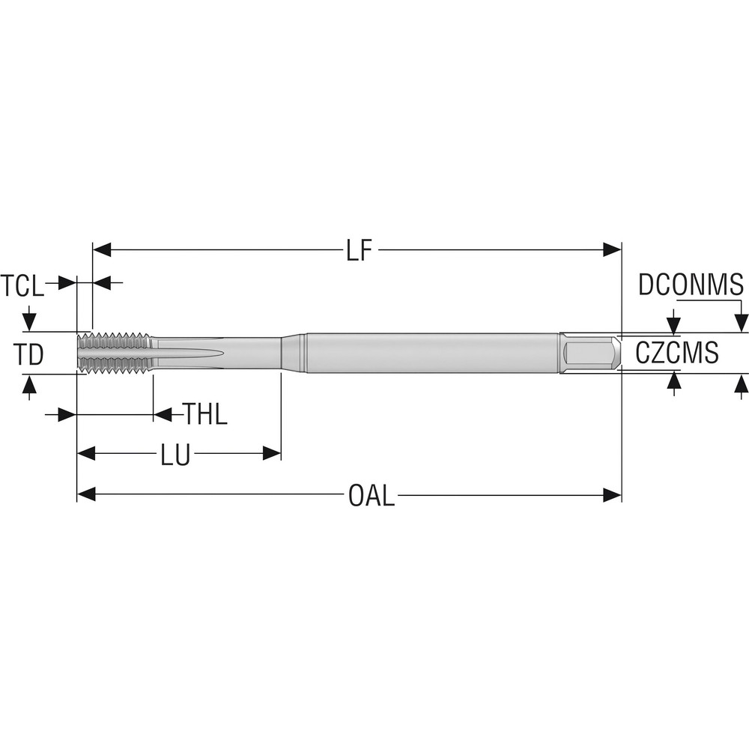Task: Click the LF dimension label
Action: pos(359,250)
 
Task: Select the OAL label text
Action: pos(371,495)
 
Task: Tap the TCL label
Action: pos(22,285)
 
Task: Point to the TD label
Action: pos(29,354)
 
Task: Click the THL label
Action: pos(205,414)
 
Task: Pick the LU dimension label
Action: pos(175,454)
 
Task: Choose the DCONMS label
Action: pos(691,285)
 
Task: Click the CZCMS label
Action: pos(677,352)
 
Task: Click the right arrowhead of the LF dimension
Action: pos(612,250)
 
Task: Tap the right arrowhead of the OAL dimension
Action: pos(612,494)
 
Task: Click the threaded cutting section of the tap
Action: pos(114,352)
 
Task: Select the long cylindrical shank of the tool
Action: pos(431,352)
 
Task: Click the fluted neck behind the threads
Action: pos(213,352)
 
